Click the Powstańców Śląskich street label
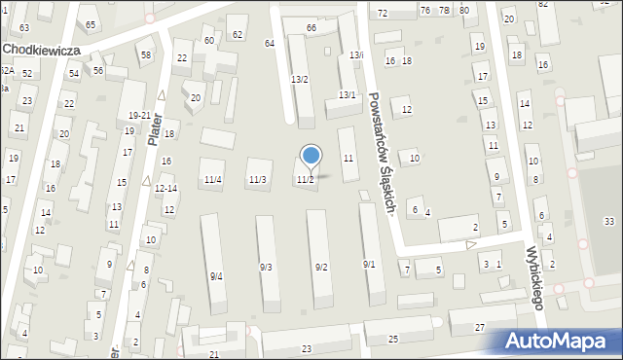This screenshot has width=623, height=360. click(380, 154)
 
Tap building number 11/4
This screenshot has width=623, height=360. click(212, 180)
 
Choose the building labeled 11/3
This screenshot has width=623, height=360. click(257, 180)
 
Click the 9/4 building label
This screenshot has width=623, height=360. click(216, 276)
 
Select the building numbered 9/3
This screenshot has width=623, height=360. click(266, 268)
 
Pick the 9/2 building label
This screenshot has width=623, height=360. click(320, 268)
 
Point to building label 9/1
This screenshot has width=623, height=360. click(369, 265)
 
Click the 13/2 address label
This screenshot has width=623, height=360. click(300, 79)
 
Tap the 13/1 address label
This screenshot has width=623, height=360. click(347, 94)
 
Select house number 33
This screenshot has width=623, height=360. click(609, 222)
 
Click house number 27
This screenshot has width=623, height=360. click(480, 328)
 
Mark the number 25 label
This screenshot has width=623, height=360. click(393, 339)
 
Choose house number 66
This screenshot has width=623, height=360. click(311, 28)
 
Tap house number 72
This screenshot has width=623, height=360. click(383, 14)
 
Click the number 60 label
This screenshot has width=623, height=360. click(209, 40)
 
